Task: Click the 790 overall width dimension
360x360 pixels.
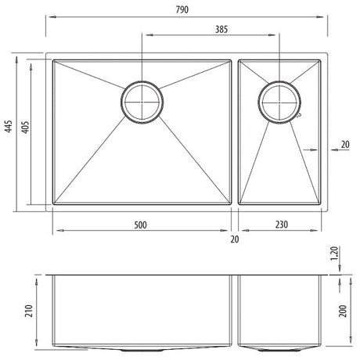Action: (x=182, y=9)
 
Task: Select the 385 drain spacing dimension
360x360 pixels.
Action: (x=221, y=29)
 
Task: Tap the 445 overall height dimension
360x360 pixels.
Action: (x=9, y=126)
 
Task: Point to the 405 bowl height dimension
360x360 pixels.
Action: (x=25, y=127)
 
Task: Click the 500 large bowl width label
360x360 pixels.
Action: (x=140, y=225)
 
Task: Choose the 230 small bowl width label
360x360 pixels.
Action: (x=282, y=225)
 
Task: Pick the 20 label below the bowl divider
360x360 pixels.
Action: (x=235, y=239)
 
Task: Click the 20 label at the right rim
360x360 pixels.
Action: (x=345, y=144)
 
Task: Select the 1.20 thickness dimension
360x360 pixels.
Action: (x=334, y=254)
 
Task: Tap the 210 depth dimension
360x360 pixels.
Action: (x=29, y=311)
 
